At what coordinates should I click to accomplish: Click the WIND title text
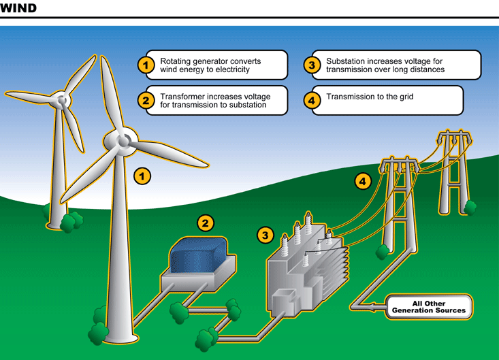coord(19,9)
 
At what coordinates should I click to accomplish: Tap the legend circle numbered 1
coord(145,65)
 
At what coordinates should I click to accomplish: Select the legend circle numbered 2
coord(145,101)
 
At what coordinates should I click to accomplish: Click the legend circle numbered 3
coord(312,65)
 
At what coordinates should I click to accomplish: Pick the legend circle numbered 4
coord(312,101)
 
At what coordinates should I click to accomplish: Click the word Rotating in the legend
coord(176,61)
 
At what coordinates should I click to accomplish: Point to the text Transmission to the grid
coord(370,97)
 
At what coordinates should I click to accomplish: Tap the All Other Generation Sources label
coord(429,306)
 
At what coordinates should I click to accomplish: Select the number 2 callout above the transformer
coord(206,222)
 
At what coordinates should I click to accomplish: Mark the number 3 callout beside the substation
coord(265,235)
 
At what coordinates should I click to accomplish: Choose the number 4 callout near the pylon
coord(363,181)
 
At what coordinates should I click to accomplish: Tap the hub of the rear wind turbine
coord(63,101)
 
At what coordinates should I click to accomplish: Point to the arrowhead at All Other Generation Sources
coord(376,307)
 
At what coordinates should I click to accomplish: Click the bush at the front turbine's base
coord(99,331)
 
